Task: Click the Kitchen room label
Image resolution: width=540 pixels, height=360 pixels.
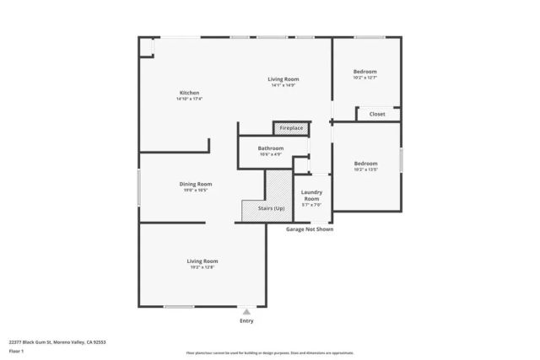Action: [189, 92]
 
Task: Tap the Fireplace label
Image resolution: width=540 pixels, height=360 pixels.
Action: [292, 128]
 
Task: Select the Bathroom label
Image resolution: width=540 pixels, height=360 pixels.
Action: [271, 148]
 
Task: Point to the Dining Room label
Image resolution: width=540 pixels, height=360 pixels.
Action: [195, 184]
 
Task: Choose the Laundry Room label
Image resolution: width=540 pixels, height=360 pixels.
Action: [311, 196]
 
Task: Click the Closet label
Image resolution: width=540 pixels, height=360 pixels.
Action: [377, 114]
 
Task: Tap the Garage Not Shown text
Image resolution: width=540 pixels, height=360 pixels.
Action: [309, 228]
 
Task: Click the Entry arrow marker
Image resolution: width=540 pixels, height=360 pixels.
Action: [246, 311]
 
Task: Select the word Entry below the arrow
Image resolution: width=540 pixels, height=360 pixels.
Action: [246, 321]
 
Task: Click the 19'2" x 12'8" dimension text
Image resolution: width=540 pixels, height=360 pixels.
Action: [202, 267]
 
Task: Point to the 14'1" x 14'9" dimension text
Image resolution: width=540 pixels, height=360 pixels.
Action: [283, 85]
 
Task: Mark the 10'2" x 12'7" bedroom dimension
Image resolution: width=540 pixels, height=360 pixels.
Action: [365, 78]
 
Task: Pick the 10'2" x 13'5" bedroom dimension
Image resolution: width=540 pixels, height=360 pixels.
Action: [365, 169]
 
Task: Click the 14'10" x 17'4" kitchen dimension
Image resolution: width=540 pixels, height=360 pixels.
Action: [189, 99]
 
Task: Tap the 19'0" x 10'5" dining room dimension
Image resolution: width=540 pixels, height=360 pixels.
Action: [195, 191]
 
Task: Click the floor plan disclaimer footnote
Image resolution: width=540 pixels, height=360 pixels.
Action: [269, 353]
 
